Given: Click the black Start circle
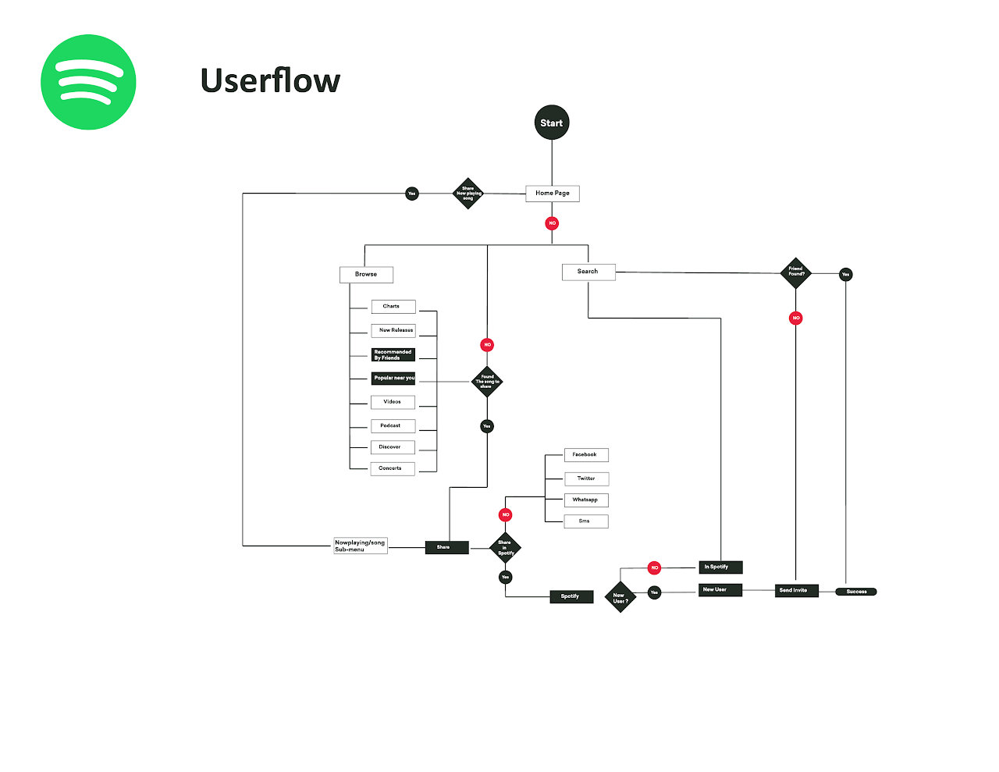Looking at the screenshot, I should click(552, 123).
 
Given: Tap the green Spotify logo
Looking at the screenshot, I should click(88, 82).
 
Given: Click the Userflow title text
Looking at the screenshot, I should click(270, 80).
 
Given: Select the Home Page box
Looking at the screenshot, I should click(553, 193).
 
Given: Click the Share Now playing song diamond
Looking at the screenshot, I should click(468, 194).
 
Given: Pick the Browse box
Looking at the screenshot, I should click(366, 275).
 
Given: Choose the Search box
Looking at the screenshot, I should click(588, 272).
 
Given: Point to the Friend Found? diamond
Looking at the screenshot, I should click(795, 272).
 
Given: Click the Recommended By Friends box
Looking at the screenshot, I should click(393, 355).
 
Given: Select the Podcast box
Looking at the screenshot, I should click(393, 426).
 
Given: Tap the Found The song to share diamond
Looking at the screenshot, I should click(487, 382).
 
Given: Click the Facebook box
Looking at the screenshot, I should click(586, 455).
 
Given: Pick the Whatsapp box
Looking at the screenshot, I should click(586, 500).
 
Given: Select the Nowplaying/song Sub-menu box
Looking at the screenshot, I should click(361, 546).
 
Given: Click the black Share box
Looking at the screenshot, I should click(446, 547).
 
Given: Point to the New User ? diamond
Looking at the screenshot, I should click(620, 597).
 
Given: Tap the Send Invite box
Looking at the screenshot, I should click(797, 590).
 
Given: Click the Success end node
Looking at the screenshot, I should click(856, 592).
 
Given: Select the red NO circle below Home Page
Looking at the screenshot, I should click(552, 223).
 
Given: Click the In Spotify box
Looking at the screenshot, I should click(720, 567).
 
